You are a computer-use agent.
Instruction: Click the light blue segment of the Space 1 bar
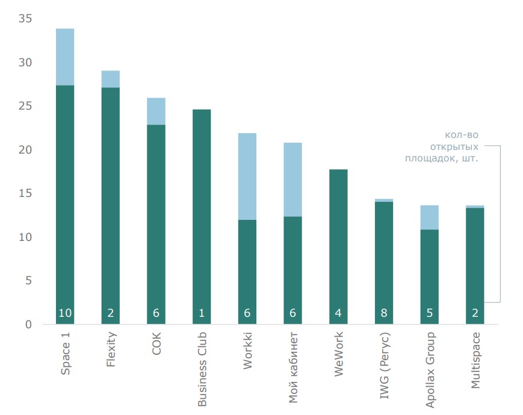(x=65, y=57)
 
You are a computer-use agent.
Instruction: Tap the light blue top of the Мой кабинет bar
(x=292, y=179)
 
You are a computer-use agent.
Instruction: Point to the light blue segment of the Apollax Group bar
(x=429, y=217)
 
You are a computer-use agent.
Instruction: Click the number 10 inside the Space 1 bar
(x=65, y=313)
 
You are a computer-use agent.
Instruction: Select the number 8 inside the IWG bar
(x=384, y=313)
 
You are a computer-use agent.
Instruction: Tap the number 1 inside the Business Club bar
(x=202, y=313)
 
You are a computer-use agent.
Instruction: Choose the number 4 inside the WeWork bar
(x=338, y=313)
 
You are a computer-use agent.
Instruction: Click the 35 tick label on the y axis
(x=25, y=19)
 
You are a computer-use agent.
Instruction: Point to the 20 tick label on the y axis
(x=25, y=150)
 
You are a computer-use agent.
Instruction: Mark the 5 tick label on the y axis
(x=28, y=281)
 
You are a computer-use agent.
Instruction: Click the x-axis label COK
(x=156, y=342)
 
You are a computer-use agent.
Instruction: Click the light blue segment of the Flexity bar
(x=111, y=79)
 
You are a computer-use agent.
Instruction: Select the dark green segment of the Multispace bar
(x=475, y=259)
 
